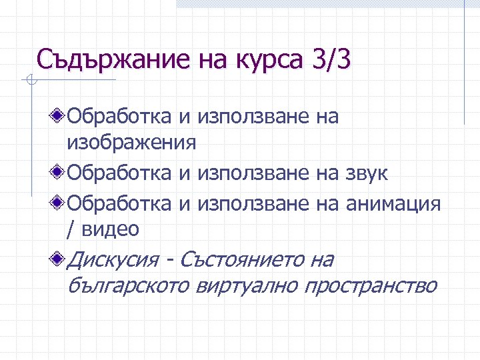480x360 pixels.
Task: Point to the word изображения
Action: pos(131,143)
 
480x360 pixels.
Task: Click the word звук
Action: pos(365,173)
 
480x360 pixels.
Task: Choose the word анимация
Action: pos(393,203)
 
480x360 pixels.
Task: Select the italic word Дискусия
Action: pos(114,259)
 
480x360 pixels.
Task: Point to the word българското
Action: pos(129,285)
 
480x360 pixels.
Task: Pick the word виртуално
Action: pos(248,285)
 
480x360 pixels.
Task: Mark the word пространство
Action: pos(371,285)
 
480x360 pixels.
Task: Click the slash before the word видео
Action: pos(71,230)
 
